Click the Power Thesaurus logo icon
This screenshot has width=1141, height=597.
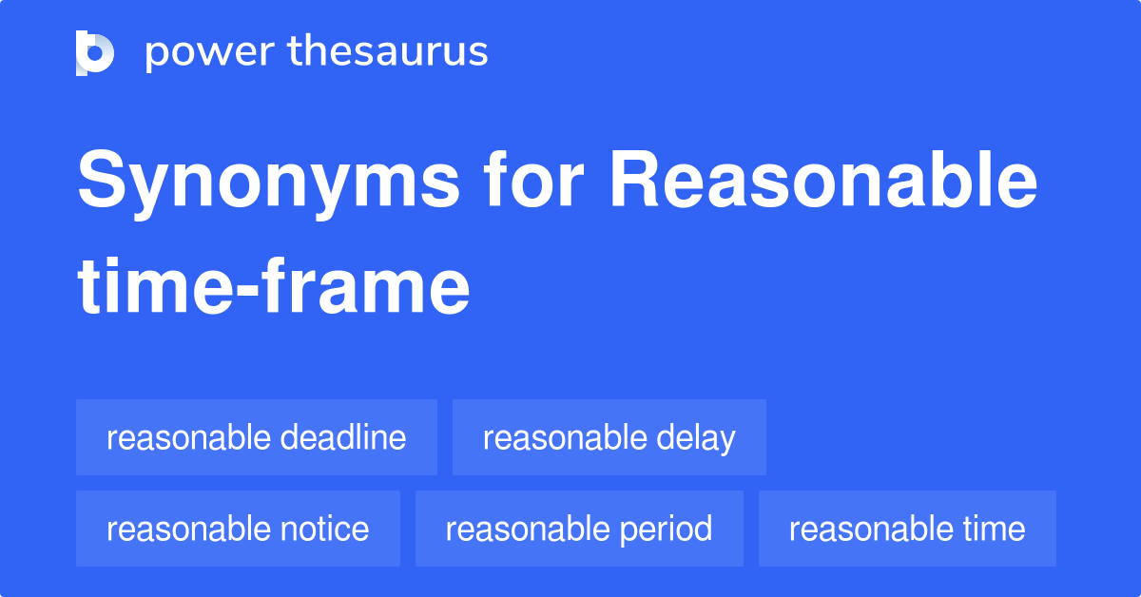[95, 52]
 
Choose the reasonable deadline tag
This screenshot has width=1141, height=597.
[257, 437]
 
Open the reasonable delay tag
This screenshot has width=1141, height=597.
[609, 437]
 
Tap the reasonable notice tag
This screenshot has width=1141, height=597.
[238, 529]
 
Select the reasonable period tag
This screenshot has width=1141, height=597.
[579, 529]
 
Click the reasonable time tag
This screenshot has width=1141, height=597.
[907, 529]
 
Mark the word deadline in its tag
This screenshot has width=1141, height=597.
[344, 437]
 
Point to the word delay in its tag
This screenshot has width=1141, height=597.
[696, 437]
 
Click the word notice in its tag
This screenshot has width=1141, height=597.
[325, 529]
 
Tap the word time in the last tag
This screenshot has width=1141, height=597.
[995, 529]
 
